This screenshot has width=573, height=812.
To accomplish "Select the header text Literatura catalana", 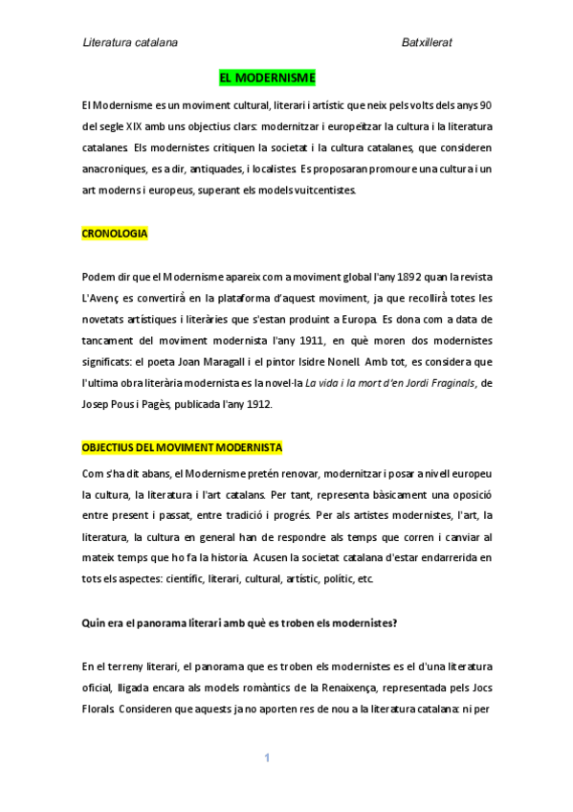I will click(x=130, y=42).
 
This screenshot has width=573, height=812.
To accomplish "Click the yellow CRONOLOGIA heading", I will click(x=116, y=233).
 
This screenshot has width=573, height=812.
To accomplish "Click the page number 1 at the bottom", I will click(x=268, y=758).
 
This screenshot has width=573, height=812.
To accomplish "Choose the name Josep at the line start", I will click(x=98, y=403).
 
